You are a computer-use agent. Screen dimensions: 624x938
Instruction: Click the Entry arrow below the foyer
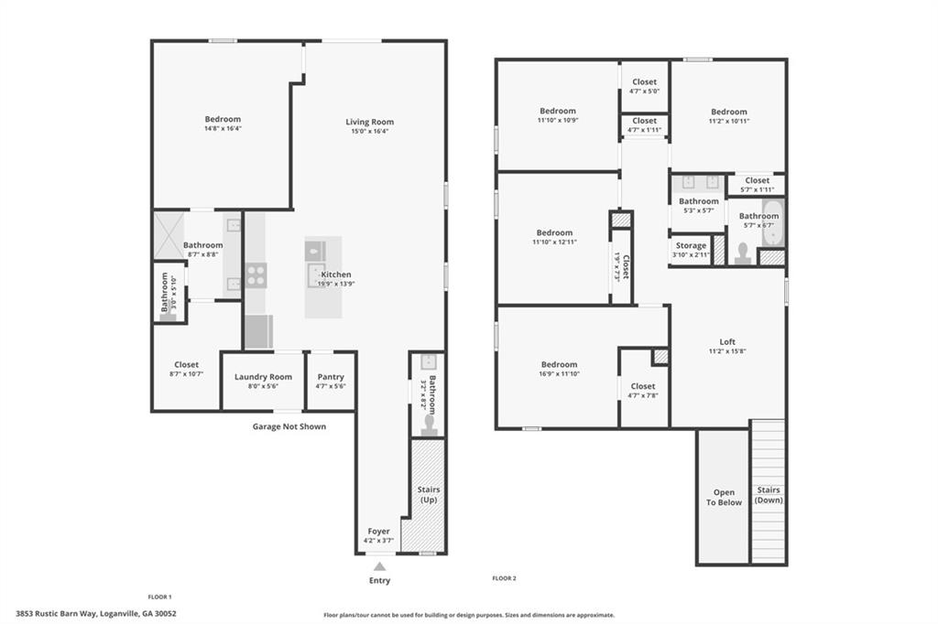coord(379,567)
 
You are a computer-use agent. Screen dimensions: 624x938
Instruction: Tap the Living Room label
coord(369,122)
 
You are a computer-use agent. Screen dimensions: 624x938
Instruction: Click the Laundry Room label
coord(263,377)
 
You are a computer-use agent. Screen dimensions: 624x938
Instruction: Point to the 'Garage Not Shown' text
coord(289,426)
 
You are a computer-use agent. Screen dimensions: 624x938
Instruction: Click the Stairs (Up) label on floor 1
coord(429,495)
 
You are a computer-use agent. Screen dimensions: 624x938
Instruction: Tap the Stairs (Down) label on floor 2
coord(768,495)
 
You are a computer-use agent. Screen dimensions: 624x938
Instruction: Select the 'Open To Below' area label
coord(724,498)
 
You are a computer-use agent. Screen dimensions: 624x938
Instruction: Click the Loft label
coord(727,342)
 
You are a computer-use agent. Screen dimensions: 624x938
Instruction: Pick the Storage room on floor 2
coord(691,246)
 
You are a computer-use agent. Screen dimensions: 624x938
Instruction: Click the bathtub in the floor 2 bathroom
coord(773,221)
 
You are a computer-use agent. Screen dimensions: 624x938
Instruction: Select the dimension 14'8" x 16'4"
coord(223,129)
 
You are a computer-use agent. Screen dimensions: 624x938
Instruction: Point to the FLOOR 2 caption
coord(504,578)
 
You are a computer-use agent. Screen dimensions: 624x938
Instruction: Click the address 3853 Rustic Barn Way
coord(96,614)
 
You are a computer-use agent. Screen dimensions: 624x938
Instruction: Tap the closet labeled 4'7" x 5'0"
coord(644,86)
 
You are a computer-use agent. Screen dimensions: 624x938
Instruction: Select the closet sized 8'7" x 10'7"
coord(186,370)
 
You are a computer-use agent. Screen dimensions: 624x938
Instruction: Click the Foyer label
coord(378,532)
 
